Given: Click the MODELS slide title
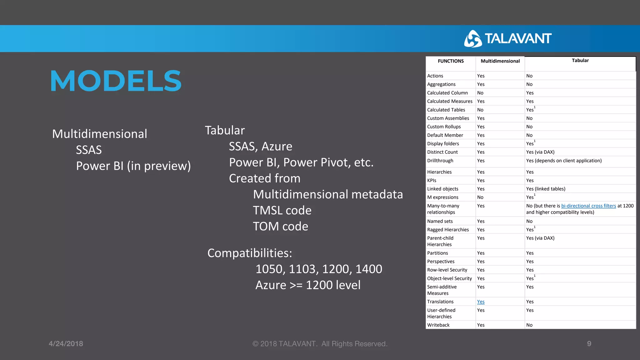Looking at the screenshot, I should tap(116, 81).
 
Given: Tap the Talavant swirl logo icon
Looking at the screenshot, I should tap(472, 39).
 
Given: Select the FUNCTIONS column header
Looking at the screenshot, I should tap(451, 61).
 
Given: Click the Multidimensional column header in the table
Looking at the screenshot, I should tap(500, 61).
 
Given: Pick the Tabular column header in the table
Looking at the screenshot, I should tap(580, 61).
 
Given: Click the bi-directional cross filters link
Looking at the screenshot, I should tap(588, 206).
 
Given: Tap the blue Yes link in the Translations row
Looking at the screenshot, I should tap(481, 302).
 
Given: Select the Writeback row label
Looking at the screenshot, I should tap(438, 325).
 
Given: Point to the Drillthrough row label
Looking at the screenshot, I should tap(440, 161).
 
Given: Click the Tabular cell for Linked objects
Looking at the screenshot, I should tap(546, 189).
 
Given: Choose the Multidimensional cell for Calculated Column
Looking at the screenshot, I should tap(480, 93).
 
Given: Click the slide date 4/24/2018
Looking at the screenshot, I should tap(66, 344).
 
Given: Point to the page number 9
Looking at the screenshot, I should tap(589, 344).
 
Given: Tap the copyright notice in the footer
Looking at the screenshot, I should tap(320, 344).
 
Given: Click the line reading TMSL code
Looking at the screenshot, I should tap(282, 211).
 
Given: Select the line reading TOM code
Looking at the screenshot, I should tap(280, 227).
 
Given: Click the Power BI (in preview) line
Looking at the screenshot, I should tap(133, 166).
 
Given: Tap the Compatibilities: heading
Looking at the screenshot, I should tap(250, 253).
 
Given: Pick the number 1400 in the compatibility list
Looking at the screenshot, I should tap(369, 269).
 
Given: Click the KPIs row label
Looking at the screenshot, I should tap(432, 181).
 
